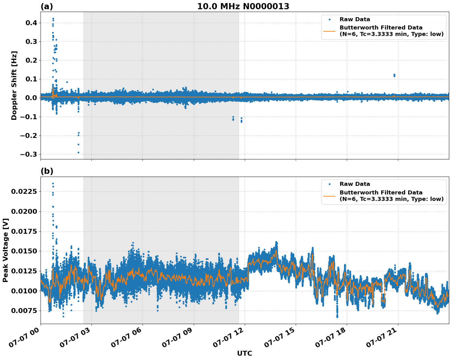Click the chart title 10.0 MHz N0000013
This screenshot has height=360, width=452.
[243, 6]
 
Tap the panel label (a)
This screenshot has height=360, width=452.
[47, 6]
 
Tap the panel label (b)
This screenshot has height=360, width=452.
[47, 171]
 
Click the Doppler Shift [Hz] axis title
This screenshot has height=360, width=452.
[14, 85]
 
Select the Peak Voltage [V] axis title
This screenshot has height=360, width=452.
[6, 250]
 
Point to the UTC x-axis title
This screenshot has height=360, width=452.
[244, 353]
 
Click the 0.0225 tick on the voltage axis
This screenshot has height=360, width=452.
[24, 192]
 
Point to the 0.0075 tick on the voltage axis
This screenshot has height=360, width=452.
[24, 311]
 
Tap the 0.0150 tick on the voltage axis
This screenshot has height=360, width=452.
[24, 251]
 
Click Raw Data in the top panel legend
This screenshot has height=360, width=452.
[355, 19]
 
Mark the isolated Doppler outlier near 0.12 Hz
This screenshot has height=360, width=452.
[394, 75]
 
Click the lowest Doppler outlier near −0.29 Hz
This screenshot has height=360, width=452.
[78, 152]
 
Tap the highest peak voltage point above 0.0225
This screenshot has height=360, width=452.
[53, 184]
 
